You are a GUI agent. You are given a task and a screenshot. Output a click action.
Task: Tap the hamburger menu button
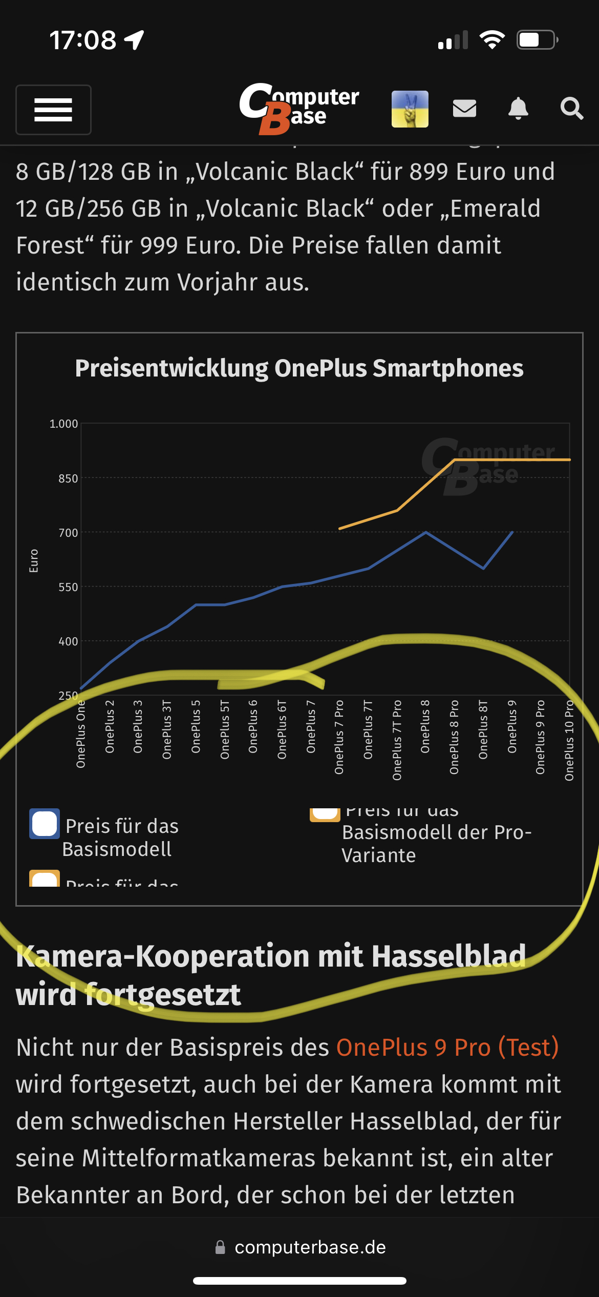click(53, 110)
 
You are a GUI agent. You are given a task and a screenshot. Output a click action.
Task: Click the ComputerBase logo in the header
click(299, 108)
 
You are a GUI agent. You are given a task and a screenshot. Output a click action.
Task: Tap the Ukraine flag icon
click(410, 109)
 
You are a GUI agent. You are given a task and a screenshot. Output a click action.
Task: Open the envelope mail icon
click(464, 109)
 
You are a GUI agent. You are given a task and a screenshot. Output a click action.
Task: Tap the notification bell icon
click(518, 109)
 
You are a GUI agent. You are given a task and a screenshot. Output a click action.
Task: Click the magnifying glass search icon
click(571, 109)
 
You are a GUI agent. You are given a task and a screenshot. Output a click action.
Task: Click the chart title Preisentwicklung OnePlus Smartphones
click(299, 368)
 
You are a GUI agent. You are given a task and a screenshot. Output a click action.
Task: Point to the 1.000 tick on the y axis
click(63, 424)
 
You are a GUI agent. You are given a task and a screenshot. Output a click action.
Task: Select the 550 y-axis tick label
click(68, 587)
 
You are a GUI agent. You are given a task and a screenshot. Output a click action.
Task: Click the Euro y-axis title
click(34, 561)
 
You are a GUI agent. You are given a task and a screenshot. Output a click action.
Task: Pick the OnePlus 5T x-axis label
click(225, 729)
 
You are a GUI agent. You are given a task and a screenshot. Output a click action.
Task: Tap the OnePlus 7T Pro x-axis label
click(397, 740)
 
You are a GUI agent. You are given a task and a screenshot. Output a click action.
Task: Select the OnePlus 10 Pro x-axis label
click(569, 741)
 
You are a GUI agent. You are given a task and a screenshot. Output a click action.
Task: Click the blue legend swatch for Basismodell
click(45, 824)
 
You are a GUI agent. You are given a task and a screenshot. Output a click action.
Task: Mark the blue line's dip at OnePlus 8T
click(483, 568)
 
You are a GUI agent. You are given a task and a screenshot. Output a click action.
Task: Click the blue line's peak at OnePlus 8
click(425, 533)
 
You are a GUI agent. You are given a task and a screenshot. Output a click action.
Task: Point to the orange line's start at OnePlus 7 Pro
click(340, 528)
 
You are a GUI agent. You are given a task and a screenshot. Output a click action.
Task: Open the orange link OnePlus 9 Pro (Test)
click(447, 1048)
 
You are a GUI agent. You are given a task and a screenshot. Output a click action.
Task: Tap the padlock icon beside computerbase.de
click(220, 1247)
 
